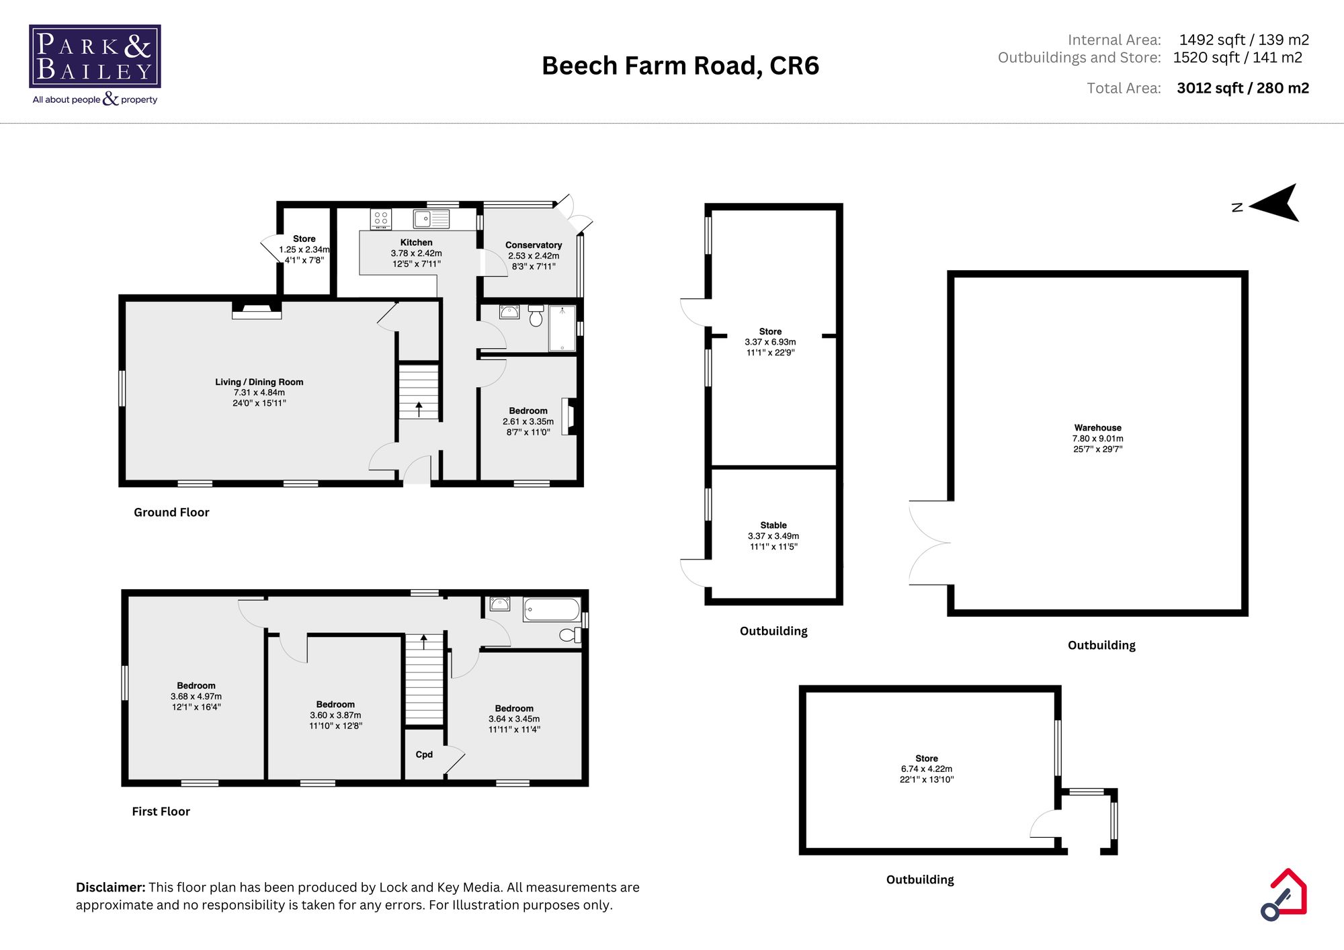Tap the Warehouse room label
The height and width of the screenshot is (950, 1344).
click(1097, 428)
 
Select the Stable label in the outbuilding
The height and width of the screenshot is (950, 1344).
click(773, 525)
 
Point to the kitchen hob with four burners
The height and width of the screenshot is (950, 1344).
click(381, 219)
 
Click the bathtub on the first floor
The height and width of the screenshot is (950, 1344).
click(552, 609)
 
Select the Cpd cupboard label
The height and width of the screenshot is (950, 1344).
click(424, 754)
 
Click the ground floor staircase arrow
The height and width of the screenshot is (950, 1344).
click(419, 408)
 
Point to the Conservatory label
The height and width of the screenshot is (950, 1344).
click(534, 245)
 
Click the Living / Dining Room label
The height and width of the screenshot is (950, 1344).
click(259, 382)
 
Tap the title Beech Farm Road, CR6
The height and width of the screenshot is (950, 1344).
click(680, 66)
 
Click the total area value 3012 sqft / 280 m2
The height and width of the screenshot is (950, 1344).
click(1243, 88)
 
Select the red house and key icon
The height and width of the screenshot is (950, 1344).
click(1284, 895)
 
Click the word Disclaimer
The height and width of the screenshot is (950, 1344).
click(110, 888)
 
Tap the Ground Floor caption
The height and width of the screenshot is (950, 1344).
click(171, 513)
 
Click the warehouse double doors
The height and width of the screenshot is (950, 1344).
click(929, 543)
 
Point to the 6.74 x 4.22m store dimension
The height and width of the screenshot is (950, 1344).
click(927, 769)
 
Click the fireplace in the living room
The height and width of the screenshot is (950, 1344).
click(257, 310)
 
